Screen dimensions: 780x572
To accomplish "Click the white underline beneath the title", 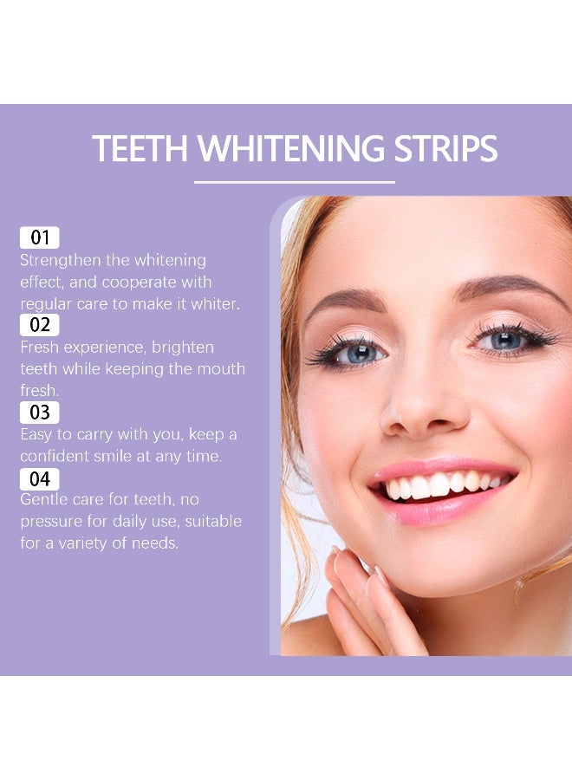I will (x=295, y=182).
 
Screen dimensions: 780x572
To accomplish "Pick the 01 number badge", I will (x=40, y=237).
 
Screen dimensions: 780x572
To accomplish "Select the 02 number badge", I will (x=40, y=325).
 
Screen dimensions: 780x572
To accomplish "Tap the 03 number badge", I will (x=40, y=412).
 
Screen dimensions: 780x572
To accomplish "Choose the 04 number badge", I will (x=40, y=478).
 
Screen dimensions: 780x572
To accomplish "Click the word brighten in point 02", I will (x=183, y=348).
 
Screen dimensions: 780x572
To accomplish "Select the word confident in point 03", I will (x=57, y=456).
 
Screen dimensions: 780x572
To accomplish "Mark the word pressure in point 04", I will (x=52, y=522).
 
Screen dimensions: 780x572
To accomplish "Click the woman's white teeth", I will (x=438, y=485).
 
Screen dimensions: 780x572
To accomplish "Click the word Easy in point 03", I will (x=37, y=434).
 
